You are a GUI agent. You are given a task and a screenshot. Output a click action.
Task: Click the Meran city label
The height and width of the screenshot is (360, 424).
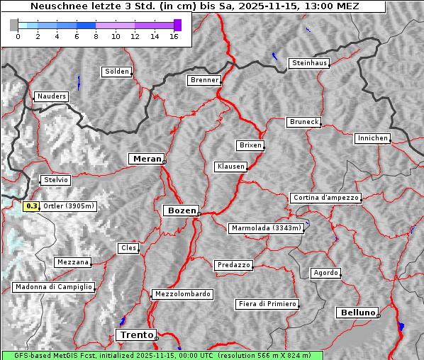pos(145,159)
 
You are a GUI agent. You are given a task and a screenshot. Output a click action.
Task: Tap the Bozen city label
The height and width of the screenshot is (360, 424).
pos(180,210)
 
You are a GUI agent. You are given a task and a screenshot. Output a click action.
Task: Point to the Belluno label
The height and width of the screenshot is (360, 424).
pos(357,312)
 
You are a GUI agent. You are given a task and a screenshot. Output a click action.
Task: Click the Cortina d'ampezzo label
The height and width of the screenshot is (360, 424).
pos(325,198)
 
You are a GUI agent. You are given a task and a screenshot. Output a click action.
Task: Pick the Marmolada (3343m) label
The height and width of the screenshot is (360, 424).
pos(267,228)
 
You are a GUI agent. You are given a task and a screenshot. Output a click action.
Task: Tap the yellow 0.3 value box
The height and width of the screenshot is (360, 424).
pos(31,206)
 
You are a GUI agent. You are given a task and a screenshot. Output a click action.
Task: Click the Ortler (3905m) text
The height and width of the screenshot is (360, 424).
pos(69,206)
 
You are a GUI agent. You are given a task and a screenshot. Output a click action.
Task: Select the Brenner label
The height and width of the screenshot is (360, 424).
pos(204,80)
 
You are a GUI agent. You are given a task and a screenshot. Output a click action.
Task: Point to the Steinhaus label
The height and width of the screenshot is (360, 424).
pos(310,63)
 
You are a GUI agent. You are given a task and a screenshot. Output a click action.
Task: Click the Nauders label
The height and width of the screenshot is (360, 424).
pos(51,96)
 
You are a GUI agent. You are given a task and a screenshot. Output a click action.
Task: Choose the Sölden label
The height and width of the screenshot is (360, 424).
pos(117,72)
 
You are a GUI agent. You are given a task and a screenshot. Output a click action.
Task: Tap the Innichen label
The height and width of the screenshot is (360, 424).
pos(372,138)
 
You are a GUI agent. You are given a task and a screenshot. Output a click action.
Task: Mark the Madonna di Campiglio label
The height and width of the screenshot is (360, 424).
pos(53,287)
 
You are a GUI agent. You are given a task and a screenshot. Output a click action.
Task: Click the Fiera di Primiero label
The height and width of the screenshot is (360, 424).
pos(267,304)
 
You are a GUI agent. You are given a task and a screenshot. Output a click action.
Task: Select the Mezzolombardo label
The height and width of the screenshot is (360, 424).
pos(182,293)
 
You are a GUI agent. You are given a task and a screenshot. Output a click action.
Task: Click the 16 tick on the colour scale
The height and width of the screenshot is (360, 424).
pos(174,36)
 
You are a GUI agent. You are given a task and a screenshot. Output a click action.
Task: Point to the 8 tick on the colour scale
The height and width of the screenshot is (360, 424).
pos(95,36)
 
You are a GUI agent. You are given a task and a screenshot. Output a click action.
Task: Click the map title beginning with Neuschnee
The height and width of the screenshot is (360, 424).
pos(194,6)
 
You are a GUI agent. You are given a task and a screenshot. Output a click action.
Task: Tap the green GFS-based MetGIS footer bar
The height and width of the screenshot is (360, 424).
pos(162,355)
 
